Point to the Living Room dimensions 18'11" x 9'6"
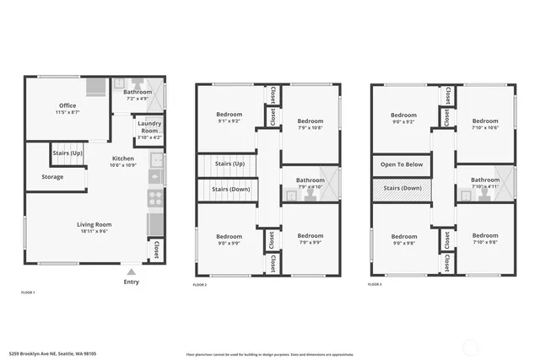point(84,230)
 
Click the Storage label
point(52,177)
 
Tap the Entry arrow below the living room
point(131,272)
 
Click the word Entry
point(131,282)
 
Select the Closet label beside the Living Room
point(156,250)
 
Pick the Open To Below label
point(402,164)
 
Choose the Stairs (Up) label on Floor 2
point(229,163)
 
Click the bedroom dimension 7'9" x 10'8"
point(310,128)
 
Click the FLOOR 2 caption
point(200,285)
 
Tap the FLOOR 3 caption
point(376,285)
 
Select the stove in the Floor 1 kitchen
point(156,198)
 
